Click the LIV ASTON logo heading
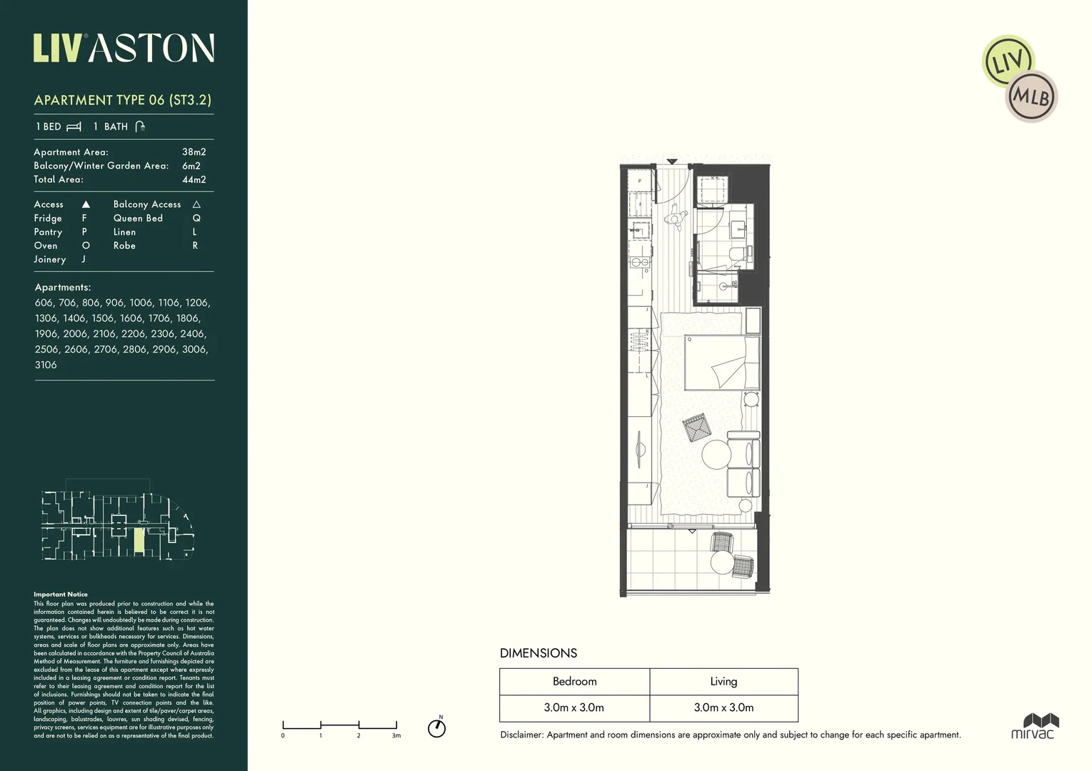click(x=124, y=49)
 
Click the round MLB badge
click(x=1031, y=96)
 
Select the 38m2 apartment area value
click(x=194, y=152)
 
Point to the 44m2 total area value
click(x=194, y=180)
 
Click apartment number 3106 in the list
click(x=46, y=365)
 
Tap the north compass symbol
click(x=436, y=727)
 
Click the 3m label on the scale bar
click(x=396, y=735)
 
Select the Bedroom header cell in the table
click(x=574, y=682)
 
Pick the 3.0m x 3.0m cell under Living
click(x=723, y=707)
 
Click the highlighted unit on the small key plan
click(x=139, y=541)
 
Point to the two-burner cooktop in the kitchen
click(x=639, y=262)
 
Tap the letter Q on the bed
click(x=689, y=340)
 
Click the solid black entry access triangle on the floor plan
click(x=671, y=162)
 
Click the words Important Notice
click(x=61, y=594)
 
